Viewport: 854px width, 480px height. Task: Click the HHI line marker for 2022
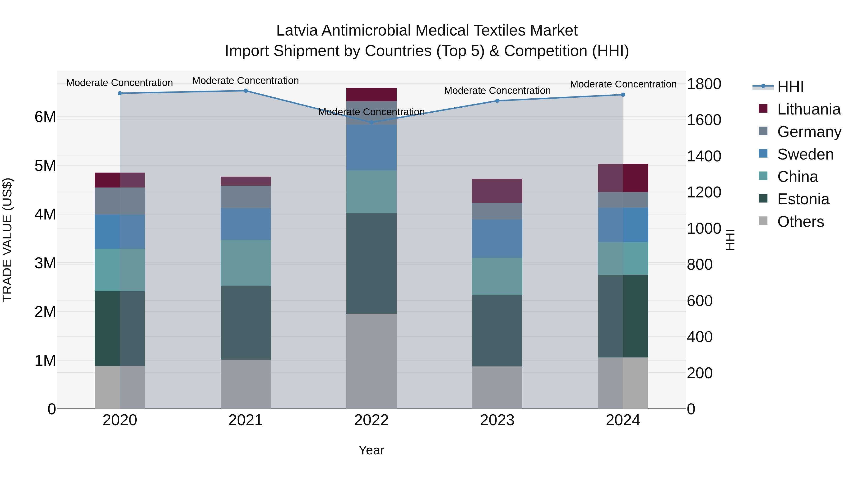[371, 122]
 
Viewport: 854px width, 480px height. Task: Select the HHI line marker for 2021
[246, 91]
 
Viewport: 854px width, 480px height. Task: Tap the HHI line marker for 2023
[497, 101]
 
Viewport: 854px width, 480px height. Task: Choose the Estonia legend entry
[803, 199]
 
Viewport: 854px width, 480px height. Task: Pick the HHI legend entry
[790, 87]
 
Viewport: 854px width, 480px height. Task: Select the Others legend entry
[800, 222]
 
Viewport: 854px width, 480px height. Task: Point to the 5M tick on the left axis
[45, 166]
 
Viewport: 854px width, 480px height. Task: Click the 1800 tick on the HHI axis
[704, 84]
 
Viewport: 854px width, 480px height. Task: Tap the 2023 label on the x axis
[497, 420]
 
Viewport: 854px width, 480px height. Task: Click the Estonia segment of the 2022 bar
[371, 263]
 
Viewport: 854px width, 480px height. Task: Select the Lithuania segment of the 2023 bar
[497, 191]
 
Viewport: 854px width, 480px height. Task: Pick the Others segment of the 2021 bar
[246, 384]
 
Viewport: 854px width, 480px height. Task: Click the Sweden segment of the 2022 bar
[371, 147]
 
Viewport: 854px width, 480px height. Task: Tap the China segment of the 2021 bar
[246, 263]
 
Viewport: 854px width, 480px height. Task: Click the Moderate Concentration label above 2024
[623, 84]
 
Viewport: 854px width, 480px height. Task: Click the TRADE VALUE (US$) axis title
[7, 240]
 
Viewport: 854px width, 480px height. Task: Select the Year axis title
[371, 450]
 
